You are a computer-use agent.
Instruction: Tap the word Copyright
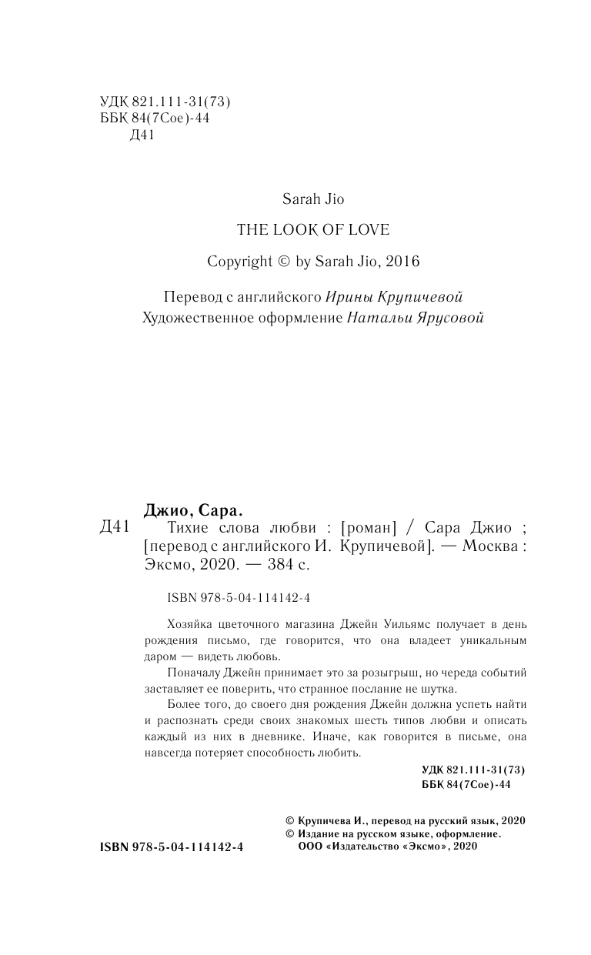click(239, 261)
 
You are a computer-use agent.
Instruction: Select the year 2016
click(402, 261)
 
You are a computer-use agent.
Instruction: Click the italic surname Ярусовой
click(447, 318)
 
